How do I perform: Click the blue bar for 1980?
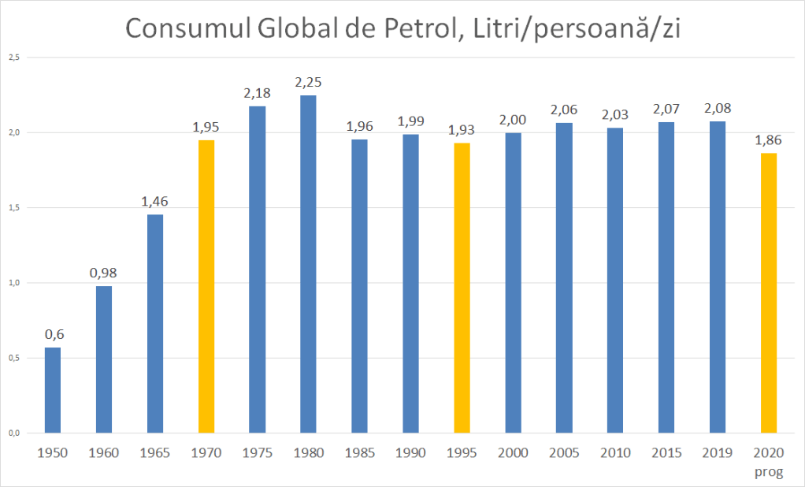coord(308,264)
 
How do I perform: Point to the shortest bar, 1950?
coord(53,390)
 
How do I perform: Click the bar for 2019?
coord(717,277)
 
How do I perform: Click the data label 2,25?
coord(308,83)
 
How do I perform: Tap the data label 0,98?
coord(104,273)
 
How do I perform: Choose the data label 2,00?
coord(512,120)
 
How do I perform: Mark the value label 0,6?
coord(53,334)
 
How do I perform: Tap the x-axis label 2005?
coord(563,453)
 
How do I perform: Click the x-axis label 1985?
coord(359,453)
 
